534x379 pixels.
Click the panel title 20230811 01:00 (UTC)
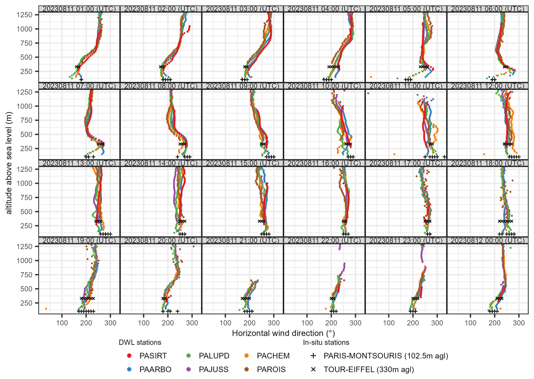[79, 9]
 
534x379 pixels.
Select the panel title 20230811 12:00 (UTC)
[487, 86]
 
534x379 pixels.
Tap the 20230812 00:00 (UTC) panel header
[487, 240]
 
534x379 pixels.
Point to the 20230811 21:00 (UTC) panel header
[242, 240]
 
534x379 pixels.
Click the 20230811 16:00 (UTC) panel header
[324, 163]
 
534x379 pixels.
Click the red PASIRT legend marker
[130, 356]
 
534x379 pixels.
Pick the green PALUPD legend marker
[189, 356]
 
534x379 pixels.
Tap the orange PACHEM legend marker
[247, 356]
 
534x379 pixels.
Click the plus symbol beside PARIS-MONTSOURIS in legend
[313, 356]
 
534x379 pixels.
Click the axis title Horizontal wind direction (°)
[283, 333]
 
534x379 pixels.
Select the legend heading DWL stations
[140, 342]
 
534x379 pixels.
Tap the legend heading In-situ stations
[326, 342]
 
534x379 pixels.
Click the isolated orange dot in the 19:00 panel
[46, 309]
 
